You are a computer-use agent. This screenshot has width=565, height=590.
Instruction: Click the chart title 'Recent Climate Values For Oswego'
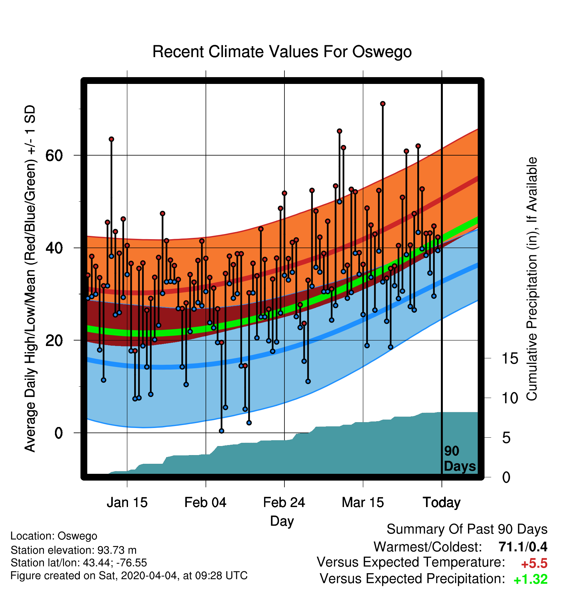point(282,52)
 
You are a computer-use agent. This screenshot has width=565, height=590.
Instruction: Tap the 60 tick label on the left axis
point(54,156)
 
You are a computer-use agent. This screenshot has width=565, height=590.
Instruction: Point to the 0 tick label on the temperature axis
point(59,433)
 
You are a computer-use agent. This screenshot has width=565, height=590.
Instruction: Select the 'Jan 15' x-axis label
point(127,502)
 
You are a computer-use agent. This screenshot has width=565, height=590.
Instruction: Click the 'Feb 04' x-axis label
point(206,502)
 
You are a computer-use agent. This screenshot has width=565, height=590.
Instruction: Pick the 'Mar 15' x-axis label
point(363,502)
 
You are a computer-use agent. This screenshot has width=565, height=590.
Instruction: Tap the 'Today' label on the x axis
point(442,503)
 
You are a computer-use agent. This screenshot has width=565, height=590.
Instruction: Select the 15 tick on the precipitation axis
point(510,359)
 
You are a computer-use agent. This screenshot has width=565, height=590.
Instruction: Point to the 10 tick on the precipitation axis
point(510,398)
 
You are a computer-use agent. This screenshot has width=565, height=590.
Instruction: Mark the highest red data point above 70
point(383,104)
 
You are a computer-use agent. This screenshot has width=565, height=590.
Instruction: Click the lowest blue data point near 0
point(221,431)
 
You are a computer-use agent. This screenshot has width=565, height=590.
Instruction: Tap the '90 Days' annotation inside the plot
point(460,459)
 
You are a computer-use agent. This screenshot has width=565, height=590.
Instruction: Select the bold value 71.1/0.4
point(523,547)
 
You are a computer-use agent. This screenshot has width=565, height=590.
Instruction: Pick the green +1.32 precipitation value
point(530,579)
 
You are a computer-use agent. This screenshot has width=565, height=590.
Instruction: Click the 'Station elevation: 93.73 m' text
point(74,550)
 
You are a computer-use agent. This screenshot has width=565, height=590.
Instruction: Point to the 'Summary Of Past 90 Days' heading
point(467,529)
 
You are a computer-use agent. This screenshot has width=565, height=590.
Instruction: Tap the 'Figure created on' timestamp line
point(129,575)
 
